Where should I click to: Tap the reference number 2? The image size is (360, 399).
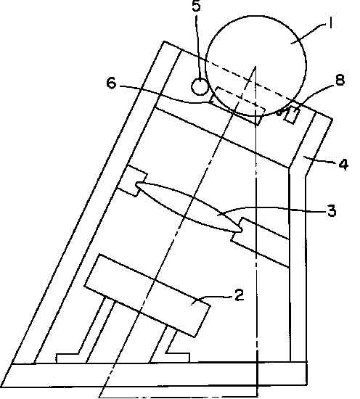coord(239,295)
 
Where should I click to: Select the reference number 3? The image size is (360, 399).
coord(331,210)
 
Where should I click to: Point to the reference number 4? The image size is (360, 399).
coord(343,164)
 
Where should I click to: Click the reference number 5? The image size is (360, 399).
coord(196,6)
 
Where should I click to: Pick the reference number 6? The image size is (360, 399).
coord(111,83)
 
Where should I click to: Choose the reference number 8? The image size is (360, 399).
coord(340,80)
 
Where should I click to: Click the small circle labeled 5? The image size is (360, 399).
coord(200,87)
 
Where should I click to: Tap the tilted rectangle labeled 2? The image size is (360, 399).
coord(147,295)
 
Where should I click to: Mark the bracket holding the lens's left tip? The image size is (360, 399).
coord(132,181)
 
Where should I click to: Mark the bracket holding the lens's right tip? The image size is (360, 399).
coord(260,242)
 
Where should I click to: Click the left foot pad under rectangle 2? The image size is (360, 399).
coord(67,358)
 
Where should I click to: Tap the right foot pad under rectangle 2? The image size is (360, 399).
coord(178,358)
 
